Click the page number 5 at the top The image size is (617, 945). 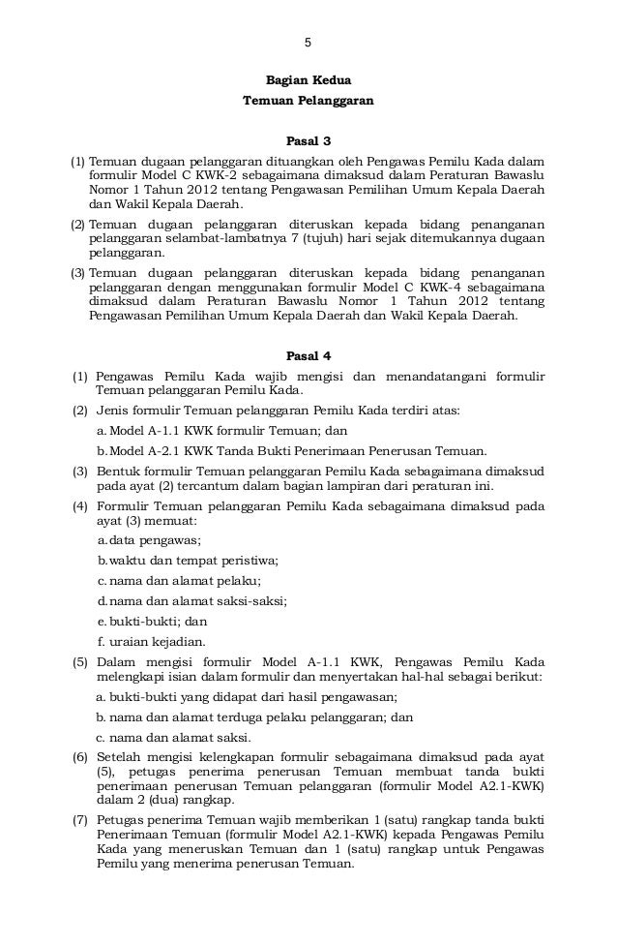pyautogui.click(x=308, y=44)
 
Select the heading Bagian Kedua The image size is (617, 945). pyautogui.click(x=308, y=82)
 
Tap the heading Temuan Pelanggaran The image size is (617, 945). pyautogui.click(x=308, y=101)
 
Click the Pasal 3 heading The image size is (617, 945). pyautogui.click(x=308, y=142)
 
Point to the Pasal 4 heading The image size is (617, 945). pyautogui.click(x=308, y=354)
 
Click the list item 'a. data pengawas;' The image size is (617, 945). pyautogui.click(x=149, y=539)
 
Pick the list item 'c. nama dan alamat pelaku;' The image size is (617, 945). pyautogui.click(x=179, y=580)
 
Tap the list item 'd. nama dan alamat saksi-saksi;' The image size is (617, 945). pyautogui.click(x=191, y=600)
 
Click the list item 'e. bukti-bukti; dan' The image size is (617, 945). pyautogui.click(x=152, y=621)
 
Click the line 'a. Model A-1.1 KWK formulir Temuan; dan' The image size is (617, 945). pyautogui.click(x=221, y=430)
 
